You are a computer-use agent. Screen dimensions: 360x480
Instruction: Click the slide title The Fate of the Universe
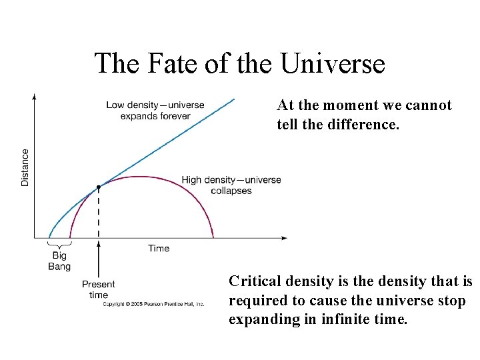(x=239, y=63)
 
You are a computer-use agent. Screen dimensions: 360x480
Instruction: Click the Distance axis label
(x=25, y=167)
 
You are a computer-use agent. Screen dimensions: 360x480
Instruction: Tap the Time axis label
(x=159, y=249)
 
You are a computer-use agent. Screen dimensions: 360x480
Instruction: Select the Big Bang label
(x=59, y=261)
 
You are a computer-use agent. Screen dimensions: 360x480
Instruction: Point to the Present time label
(x=99, y=289)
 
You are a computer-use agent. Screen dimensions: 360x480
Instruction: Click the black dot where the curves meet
(x=99, y=187)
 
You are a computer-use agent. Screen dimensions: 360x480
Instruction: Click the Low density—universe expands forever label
(x=155, y=111)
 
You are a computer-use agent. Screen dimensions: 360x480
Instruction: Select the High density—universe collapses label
(x=231, y=185)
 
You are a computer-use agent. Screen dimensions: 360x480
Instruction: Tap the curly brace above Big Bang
(x=59, y=245)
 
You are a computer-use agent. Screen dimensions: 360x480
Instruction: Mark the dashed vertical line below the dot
(x=99, y=213)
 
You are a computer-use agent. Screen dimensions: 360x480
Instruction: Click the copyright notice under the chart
(x=153, y=304)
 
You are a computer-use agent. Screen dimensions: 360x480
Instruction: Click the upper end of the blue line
(x=234, y=99)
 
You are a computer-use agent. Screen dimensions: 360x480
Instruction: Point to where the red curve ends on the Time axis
(x=213, y=237)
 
